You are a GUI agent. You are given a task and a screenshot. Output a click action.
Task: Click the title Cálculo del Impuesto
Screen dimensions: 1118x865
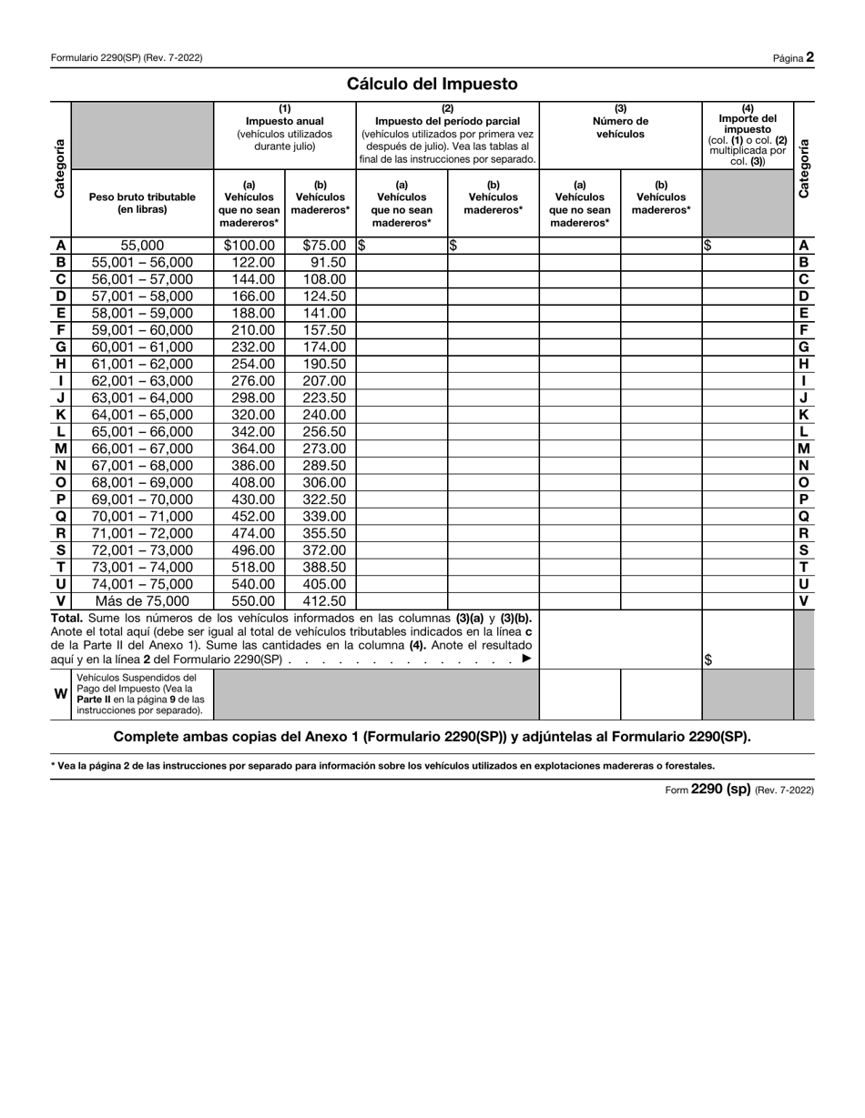tap(432, 84)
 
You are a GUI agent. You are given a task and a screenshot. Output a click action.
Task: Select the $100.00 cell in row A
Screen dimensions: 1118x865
tap(249, 246)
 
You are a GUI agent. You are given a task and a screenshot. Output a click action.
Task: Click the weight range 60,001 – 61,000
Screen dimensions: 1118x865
tap(142, 347)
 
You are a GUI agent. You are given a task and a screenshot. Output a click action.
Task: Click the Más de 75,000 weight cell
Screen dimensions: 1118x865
tap(142, 601)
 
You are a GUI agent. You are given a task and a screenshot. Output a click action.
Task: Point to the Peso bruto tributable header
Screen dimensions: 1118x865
tap(142, 203)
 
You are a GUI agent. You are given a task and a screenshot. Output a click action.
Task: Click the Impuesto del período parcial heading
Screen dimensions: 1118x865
tap(447, 121)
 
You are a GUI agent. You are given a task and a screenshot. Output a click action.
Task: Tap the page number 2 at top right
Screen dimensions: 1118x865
tap(809, 57)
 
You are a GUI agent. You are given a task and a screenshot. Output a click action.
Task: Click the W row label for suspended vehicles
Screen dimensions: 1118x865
tap(60, 694)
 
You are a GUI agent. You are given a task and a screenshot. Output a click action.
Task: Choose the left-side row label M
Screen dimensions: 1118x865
tap(60, 448)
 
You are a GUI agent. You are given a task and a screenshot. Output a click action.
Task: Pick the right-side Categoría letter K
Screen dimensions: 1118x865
tap(803, 415)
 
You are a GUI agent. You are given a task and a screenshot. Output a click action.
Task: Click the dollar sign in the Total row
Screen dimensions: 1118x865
tap(707, 660)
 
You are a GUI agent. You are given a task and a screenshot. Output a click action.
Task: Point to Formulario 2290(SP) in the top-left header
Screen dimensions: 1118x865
tap(127, 58)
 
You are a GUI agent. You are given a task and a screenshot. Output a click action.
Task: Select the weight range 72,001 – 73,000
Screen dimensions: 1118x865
tap(142, 550)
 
